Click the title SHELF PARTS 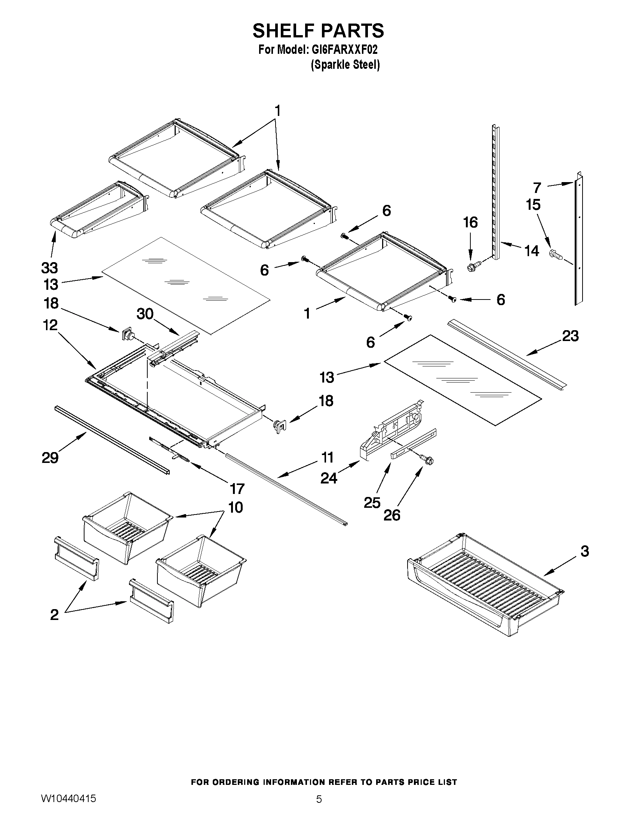tap(318, 31)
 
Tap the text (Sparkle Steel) tap(345, 65)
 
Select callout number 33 tap(49, 268)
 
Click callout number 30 tap(145, 313)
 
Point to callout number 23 tap(570, 336)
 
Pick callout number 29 tap(50, 458)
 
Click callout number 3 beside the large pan tap(584, 551)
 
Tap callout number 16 tap(470, 223)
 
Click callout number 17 tap(237, 489)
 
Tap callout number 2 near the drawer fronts tap(54, 615)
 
